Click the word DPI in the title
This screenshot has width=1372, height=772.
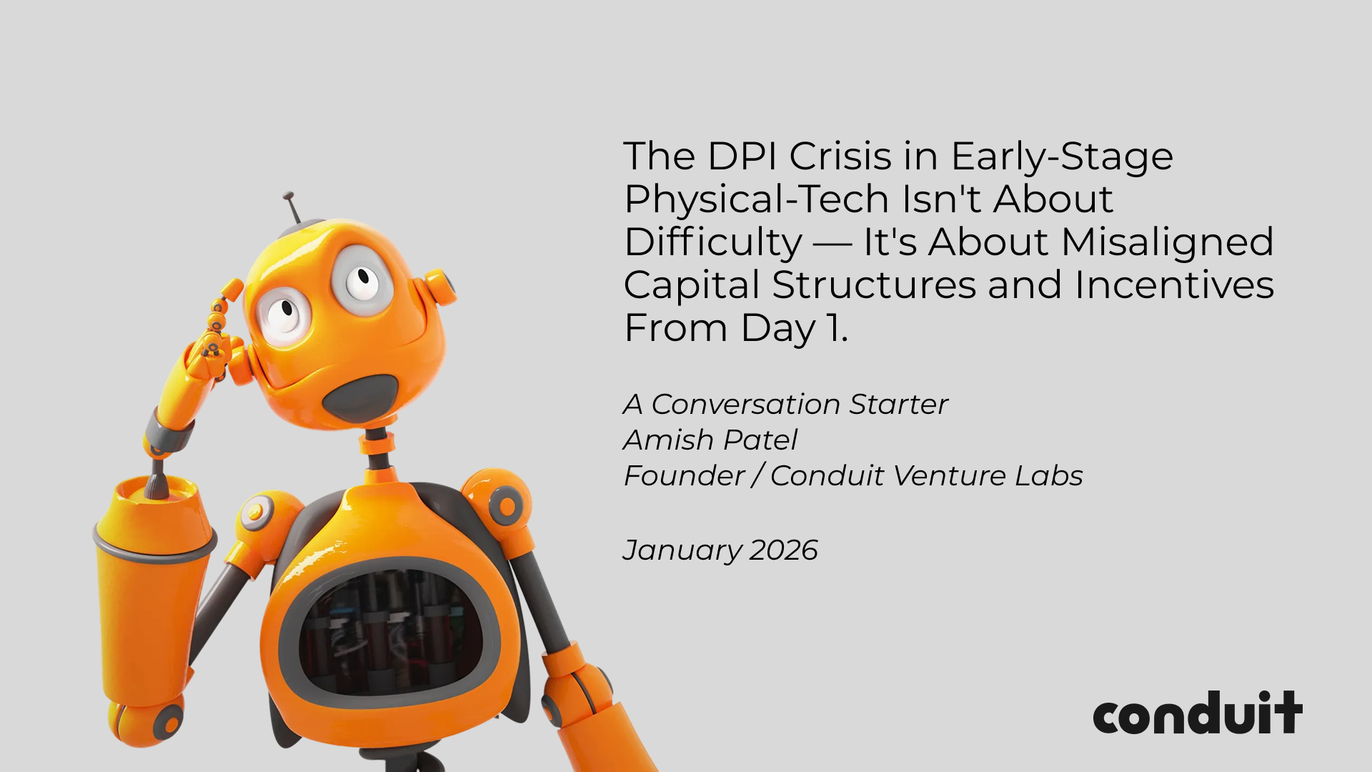(x=742, y=157)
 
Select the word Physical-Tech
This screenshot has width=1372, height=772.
(x=757, y=200)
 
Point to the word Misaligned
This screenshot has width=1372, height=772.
(x=1168, y=243)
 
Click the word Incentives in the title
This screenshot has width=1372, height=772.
(x=1174, y=285)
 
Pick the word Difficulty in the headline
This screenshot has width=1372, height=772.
(x=713, y=243)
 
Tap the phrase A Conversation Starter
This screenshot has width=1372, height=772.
(x=785, y=405)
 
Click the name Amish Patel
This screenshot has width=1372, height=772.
(x=710, y=440)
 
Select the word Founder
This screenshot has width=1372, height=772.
(x=685, y=476)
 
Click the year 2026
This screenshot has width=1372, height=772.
(x=784, y=550)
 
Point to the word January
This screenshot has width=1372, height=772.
(x=682, y=551)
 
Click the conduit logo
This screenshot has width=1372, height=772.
(x=1198, y=713)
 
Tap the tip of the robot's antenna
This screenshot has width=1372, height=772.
(x=288, y=195)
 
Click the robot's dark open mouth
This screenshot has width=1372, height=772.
(x=360, y=397)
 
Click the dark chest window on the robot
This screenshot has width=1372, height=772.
(x=389, y=633)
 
